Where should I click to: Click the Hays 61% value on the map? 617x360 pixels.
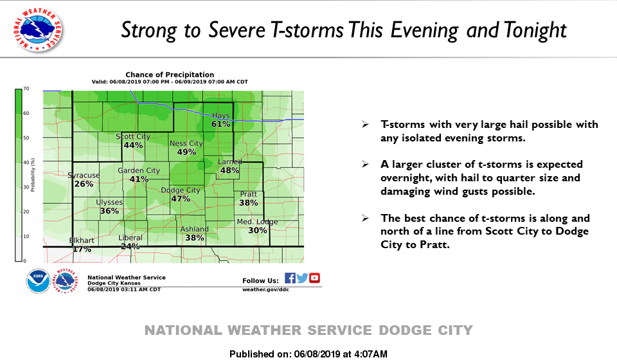(220, 124)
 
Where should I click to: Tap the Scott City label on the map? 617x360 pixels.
(133, 136)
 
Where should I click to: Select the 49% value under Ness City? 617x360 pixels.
(186, 152)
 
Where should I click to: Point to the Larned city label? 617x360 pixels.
(230, 162)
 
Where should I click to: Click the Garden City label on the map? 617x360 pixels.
(139, 171)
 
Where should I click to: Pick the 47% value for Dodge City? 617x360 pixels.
(181, 199)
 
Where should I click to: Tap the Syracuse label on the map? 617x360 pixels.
(84, 175)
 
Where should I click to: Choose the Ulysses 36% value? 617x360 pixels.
(109, 211)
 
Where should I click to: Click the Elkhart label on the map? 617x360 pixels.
(82, 240)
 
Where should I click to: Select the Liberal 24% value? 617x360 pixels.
(130, 246)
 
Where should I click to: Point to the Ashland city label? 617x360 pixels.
(194, 229)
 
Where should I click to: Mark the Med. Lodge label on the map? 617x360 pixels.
(257, 222)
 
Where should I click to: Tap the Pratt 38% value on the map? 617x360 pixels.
(249, 203)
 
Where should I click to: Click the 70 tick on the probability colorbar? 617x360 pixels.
(26, 89)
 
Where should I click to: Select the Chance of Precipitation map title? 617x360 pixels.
(170, 75)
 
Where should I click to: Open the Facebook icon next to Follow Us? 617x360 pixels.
(290, 278)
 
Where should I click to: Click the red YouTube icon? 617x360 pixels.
(314, 278)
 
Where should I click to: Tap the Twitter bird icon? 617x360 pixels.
(302, 278)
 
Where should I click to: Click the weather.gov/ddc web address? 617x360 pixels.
(265, 289)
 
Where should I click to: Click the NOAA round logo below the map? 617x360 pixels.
(38, 281)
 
